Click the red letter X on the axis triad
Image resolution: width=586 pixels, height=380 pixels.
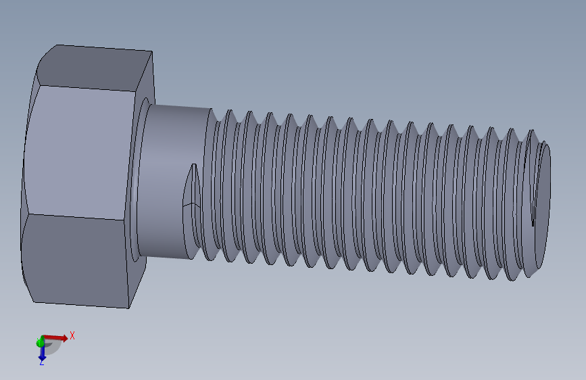(x=72, y=335)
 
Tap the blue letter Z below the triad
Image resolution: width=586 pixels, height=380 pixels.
(x=41, y=362)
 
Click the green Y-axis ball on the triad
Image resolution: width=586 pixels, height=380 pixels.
(x=41, y=343)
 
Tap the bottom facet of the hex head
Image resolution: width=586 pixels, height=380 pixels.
(x=78, y=260)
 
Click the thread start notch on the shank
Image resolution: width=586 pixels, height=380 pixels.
(x=191, y=196)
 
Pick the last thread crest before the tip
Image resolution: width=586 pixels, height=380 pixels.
(x=517, y=203)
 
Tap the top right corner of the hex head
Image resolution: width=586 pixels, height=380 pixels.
(x=150, y=51)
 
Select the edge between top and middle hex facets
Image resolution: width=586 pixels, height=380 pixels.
(x=84, y=88)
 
